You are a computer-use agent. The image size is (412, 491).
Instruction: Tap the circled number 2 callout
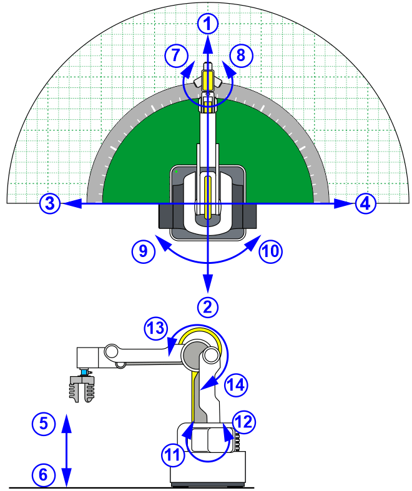tap(208, 307)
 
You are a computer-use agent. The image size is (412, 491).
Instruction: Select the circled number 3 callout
tap(50, 203)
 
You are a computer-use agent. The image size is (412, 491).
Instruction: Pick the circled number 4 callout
tap(366, 204)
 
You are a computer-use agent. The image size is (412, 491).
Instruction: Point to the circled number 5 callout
tap(44, 424)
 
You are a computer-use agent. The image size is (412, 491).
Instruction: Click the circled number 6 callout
tap(44, 475)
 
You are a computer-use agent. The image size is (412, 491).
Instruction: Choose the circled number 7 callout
tap(177, 56)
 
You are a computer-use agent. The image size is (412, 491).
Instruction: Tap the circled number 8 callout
tap(241, 56)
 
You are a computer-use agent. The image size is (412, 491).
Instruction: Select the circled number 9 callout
tap(143, 251)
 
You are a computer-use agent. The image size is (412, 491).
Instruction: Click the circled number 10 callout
tap(271, 251)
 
